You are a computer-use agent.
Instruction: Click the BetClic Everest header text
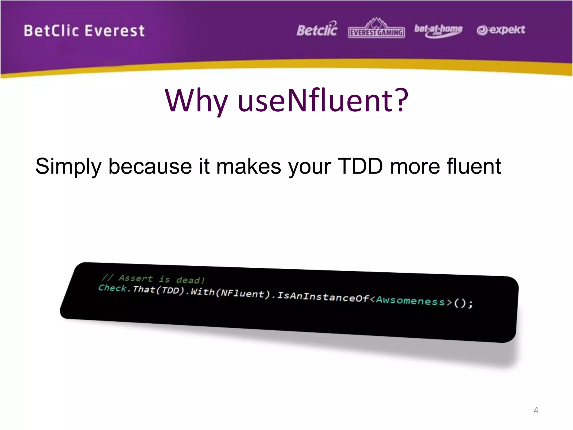[84, 31]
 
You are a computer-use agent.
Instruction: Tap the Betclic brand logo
[317, 29]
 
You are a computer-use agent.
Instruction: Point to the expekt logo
[501, 30]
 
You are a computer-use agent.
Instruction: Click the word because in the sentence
[150, 167]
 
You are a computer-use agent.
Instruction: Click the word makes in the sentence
[248, 167]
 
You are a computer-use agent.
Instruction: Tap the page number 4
[536, 410]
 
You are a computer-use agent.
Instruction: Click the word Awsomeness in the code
[410, 301]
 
